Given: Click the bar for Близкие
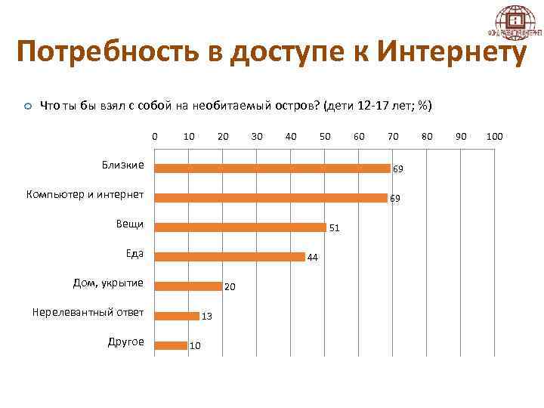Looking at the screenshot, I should coord(272,168).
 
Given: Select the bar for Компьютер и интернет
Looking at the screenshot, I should coord(270,198).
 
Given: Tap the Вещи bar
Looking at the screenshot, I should coord(240,227).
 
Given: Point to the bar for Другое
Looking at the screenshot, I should coord(172,345).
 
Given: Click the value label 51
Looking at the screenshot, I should coord(335,227).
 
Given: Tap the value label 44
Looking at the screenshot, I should coord(312,258).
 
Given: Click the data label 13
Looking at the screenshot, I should coord(206,317).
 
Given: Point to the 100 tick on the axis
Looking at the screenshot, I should coord(495,137).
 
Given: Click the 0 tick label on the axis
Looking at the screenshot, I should coord(155,137).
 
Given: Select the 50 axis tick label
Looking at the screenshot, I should coord(325,137).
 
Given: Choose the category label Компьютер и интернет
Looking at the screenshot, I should coord(85,195).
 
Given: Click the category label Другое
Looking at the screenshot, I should coord(125,342).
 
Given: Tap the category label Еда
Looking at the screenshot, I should coord(134,253).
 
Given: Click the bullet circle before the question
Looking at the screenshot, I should coord(27,107).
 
